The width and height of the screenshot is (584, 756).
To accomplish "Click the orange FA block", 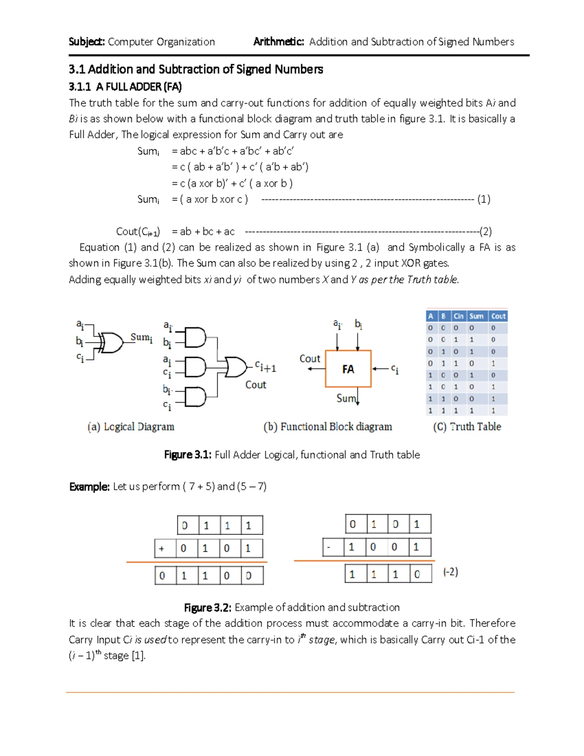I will (x=348, y=369).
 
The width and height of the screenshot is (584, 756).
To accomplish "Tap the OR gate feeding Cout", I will (x=236, y=367).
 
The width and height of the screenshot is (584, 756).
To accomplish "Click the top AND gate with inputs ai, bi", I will (x=196, y=337).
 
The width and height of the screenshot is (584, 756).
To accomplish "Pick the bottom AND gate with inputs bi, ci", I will (x=196, y=397).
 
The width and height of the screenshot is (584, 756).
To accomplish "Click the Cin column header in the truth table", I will (x=458, y=316).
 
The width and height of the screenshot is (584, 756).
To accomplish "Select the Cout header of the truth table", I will (x=498, y=316).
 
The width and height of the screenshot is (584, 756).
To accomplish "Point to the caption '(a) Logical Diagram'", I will (x=131, y=427).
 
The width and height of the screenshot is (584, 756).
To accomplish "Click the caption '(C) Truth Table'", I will (x=467, y=427).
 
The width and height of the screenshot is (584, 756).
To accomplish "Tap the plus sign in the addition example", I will (x=162, y=549).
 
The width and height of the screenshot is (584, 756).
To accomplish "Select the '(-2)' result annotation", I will (x=450, y=572).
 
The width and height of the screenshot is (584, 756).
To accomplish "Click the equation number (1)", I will (x=483, y=199).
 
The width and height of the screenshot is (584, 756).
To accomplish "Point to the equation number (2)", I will (x=485, y=231).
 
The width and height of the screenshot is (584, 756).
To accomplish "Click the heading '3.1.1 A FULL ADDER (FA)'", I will (x=125, y=87).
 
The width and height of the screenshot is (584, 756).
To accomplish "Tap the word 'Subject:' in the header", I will (x=87, y=42).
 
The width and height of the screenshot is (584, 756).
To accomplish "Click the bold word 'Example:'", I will (x=89, y=487).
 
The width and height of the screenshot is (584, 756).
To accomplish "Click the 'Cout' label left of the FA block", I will (x=310, y=359).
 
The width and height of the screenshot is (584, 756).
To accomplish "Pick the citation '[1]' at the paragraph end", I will (x=138, y=656).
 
